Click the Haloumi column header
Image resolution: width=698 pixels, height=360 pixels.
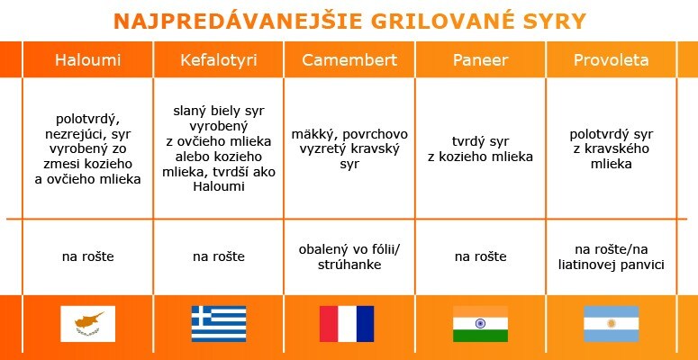point(87,60)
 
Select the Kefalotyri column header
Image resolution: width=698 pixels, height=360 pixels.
point(219,60)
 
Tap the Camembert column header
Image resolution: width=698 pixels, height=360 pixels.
point(349,60)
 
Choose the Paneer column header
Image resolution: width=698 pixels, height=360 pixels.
point(480,60)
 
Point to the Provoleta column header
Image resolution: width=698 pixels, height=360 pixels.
point(612,60)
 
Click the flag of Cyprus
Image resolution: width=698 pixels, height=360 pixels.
point(87,324)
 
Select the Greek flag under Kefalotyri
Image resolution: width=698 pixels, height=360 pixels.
point(219,324)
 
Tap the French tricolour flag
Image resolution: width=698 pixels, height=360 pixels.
point(347,324)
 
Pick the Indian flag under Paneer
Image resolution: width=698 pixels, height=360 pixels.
point(480,324)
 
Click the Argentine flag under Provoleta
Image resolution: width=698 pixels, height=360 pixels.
point(612,324)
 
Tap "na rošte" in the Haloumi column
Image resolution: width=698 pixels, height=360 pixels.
point(87,256)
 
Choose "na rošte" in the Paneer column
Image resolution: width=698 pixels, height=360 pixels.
point(480,256)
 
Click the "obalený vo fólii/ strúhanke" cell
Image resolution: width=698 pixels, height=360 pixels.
point(349,256)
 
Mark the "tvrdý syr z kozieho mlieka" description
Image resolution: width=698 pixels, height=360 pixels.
point(480,149)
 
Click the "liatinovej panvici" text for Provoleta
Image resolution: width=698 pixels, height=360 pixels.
point(612,265)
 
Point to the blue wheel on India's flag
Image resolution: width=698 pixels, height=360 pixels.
point(480,323)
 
